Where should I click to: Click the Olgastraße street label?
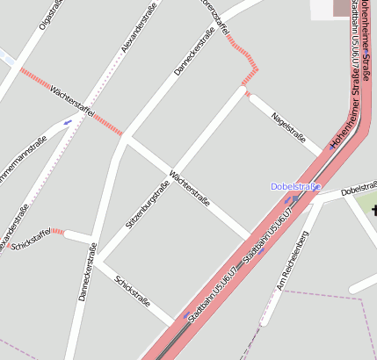[52, 17]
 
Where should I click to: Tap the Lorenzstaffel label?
[214, 17]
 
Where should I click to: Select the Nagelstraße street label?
[288, 126]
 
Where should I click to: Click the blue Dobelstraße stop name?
[295, 186]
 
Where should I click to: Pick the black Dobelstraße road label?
[359, 189]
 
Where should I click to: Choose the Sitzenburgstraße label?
[147, 205]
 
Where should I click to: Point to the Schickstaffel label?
[30, 240]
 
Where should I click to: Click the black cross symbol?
[373, 211]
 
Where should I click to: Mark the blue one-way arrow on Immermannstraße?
[68, 122]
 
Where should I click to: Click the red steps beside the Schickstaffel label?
[58, 232]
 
